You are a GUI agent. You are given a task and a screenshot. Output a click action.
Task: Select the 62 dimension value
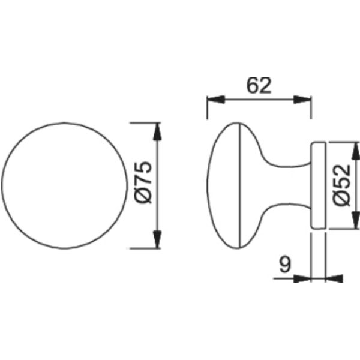click(x=259, y=85)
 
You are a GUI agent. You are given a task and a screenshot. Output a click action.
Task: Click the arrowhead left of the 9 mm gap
click(x=304, y=278)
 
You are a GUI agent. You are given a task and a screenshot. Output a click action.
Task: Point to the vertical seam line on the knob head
click(x=239, y=185)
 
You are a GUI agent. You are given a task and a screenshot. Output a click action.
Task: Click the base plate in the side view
click(x=318, y=185)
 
